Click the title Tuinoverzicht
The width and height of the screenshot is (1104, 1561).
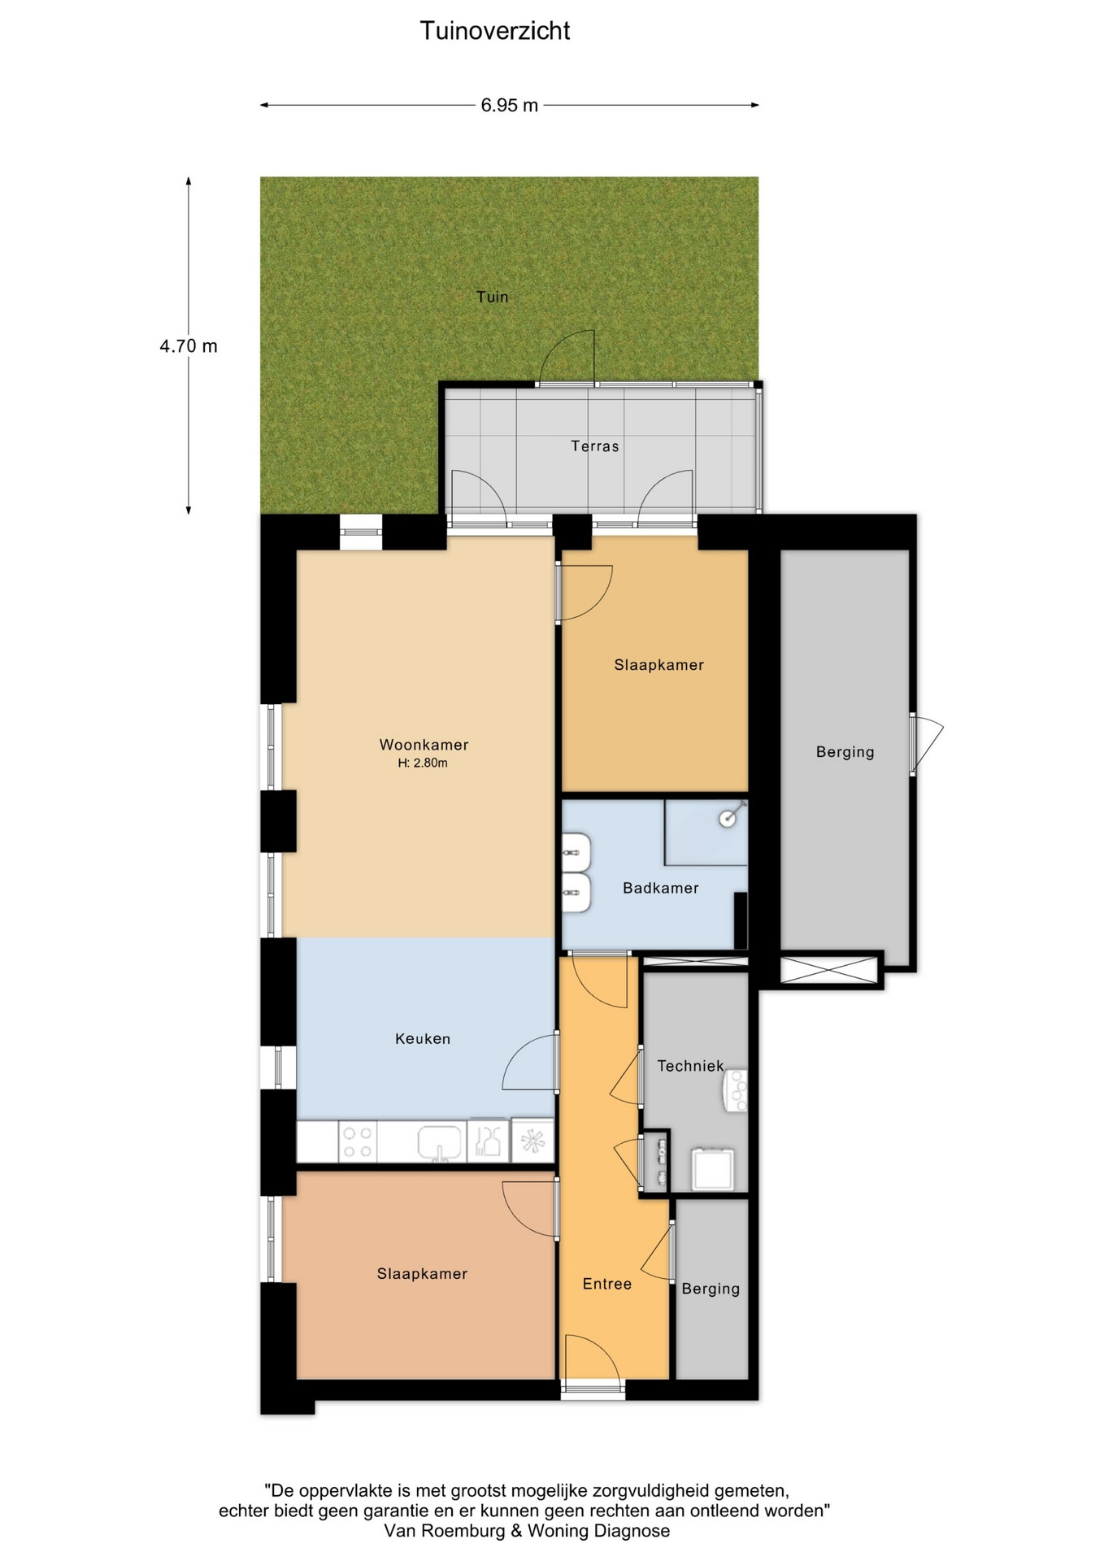coord(495,31)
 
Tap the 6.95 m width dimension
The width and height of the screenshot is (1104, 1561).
coord(510,105)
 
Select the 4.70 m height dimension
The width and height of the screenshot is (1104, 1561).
coord(189,346)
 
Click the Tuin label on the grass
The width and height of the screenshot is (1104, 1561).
coord(492,297)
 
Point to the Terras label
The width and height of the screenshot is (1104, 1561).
coord(594,446)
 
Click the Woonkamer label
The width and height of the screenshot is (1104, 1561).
coord(424,744)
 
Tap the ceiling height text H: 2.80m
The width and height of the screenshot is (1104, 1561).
coord(423,763)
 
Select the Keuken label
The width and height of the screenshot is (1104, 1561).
coord(422,1038)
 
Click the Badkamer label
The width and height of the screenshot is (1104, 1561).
coord(660,888)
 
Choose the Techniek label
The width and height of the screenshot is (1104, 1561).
coord(690,1065)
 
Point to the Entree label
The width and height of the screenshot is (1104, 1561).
coord(606,1284)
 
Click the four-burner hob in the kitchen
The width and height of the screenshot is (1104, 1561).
coord(357,1141)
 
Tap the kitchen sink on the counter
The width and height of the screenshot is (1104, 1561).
coord(439,1141)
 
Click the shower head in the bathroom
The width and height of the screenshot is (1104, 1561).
coord(728,819)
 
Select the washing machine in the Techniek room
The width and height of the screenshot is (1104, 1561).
coord(713,1169)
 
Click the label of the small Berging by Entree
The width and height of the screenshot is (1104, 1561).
coord(711,1289)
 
